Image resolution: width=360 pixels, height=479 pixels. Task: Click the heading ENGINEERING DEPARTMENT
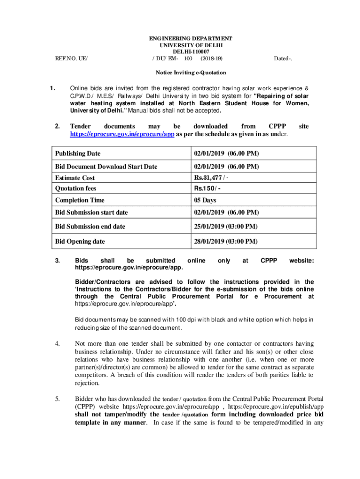click(x=190, y=38)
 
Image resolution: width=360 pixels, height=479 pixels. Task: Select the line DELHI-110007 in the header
click(x=190, y=51)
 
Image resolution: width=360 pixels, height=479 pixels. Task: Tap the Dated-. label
click(x=283, y=58)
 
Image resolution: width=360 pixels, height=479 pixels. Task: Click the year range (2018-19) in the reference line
click(x=211, y=58)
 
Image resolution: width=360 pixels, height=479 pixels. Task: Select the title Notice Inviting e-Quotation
click(x=190, y=73)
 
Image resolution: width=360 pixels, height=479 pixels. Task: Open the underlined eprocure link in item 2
click(x=122, y=134)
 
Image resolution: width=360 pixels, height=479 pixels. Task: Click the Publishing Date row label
click(x=78, y=153)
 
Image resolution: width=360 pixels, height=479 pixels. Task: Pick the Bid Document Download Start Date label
click(x=106, y=166)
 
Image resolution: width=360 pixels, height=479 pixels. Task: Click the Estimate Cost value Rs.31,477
click(x=211, y=178)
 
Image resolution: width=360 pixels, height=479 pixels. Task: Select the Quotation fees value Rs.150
click(x=207, y=189)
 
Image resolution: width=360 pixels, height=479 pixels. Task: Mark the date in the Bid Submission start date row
click(x=226, y=212)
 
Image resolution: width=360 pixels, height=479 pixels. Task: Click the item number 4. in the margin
click(x=58, y=344)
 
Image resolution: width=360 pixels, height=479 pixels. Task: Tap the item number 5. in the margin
click(x=58, y=399)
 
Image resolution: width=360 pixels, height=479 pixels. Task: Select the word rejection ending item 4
click(x=87, y=383)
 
